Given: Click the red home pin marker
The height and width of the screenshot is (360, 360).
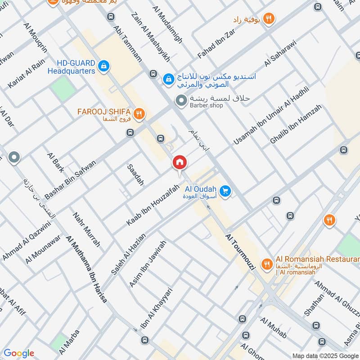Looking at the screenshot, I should [179, 162].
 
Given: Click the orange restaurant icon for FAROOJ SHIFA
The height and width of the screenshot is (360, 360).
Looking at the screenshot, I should [139, 114].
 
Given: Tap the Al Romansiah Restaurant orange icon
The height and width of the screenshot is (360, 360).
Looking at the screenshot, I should [267, 264].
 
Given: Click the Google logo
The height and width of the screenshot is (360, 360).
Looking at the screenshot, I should [18, 353].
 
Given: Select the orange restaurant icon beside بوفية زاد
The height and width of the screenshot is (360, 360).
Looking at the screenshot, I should [269, 19].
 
